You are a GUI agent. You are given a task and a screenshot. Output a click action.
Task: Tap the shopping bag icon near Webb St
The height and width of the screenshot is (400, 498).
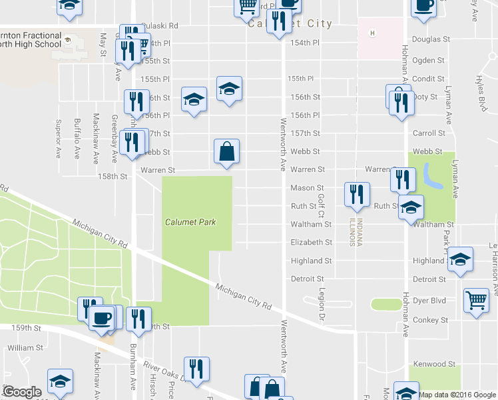(226, 151)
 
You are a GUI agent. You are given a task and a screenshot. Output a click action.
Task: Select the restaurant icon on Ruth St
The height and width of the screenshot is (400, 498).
(356, 194)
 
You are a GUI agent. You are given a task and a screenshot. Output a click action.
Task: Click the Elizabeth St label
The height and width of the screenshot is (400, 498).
(311, 243)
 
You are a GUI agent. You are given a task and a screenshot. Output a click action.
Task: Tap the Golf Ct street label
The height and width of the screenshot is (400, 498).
(321, 205)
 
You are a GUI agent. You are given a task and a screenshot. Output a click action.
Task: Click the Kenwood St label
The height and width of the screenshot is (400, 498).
(433, 364)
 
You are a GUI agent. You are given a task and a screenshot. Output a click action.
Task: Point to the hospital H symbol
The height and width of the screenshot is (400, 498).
(373, 33)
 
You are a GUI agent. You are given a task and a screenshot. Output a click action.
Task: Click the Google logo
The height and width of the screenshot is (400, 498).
(22, 392)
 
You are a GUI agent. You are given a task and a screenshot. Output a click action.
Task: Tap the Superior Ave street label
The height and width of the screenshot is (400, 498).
(59, 139)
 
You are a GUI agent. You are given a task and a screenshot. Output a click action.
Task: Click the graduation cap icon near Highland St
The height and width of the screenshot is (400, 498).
(459, 259)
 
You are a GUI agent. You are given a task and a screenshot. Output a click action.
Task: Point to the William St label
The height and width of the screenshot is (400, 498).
(25, 348)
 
